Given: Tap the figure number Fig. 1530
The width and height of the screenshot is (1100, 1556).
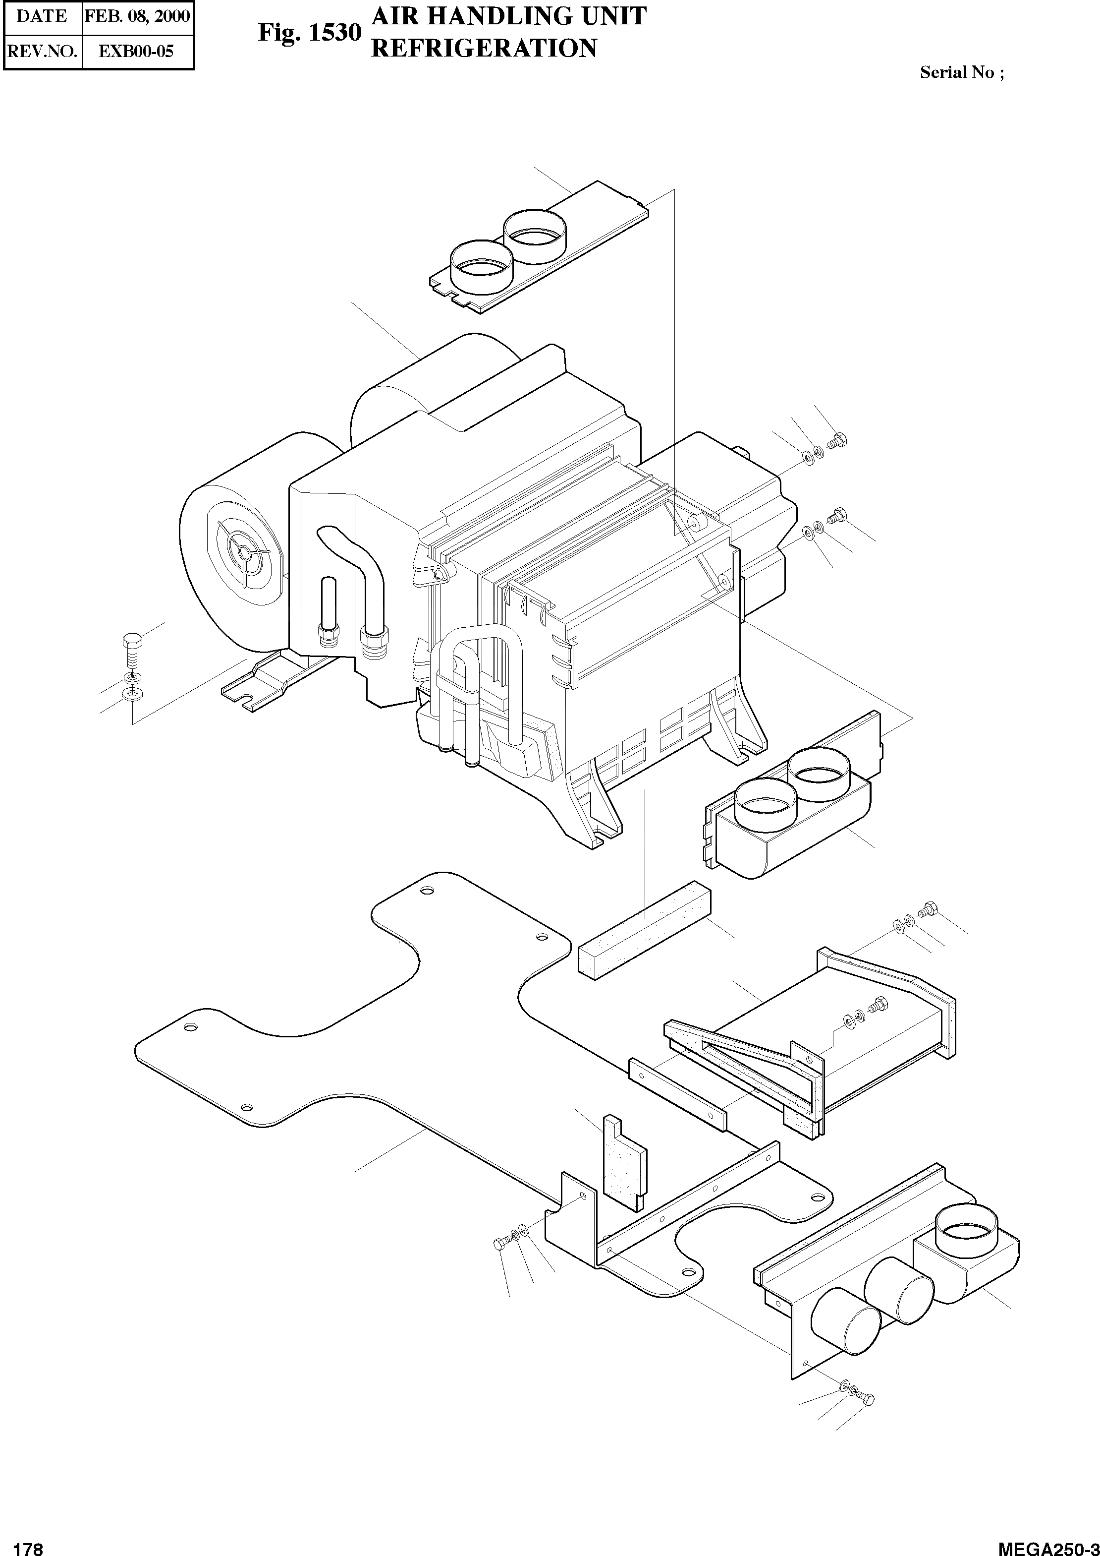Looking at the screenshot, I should click(x=309, y=33).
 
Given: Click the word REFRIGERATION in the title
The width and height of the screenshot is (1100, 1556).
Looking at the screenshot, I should click(x=484, y=49).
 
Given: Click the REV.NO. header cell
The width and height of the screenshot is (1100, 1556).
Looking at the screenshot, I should click(x=42, y=52).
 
